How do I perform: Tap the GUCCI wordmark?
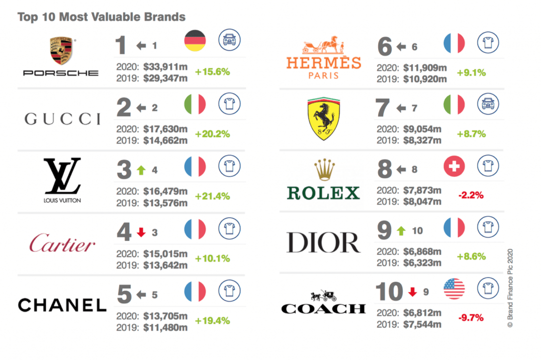pos(62,119)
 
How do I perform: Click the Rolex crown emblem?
pos(323,170)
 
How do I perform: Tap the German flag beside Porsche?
pos(195,41)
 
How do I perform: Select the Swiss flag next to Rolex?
pos(454,166)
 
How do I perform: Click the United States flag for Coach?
pos(454,289)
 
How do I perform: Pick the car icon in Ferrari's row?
pos(487,105)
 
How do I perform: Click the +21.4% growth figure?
pos(212,195)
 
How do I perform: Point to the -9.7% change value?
pos(471,317)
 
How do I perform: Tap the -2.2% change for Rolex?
pos(471,195)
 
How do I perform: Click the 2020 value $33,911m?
pos(165,67)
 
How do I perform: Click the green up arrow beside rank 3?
pos(141,170)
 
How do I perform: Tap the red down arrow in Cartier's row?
pos(141,232)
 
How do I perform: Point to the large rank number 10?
pos(390,291)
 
